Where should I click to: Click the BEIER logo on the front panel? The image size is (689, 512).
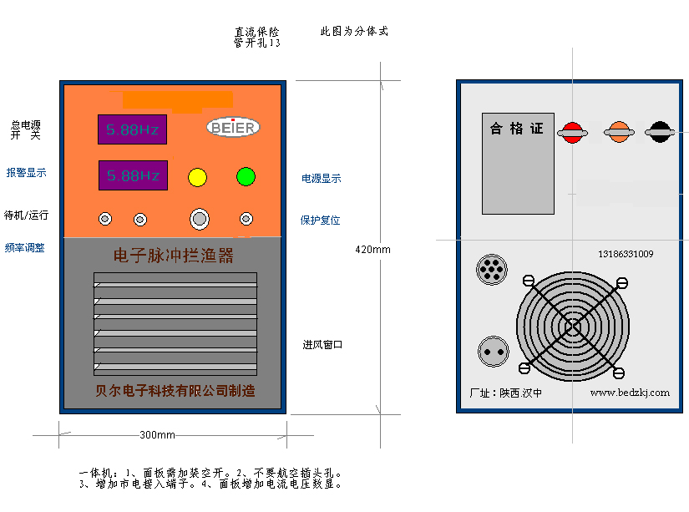tap(234, 127)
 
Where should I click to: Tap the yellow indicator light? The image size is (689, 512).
tap(198, 177)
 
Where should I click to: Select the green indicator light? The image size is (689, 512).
tap(246, 176)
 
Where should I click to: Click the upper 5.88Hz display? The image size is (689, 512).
tap(133, 130)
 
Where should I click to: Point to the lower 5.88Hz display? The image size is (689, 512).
tap(133, 175)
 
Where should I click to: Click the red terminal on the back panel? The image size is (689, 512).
tap(572, 131)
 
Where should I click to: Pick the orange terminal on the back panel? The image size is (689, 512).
tap(619, 131)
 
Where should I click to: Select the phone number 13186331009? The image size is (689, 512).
tap(626, 254)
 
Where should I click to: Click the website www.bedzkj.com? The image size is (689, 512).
tap(631, 393)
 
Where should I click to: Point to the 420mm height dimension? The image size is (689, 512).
tap(372, 250)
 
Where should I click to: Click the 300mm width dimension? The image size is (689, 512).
tap(157, 435)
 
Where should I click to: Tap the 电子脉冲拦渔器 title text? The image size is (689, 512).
tap(174, 256)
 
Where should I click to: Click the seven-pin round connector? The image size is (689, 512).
tap(491, 270)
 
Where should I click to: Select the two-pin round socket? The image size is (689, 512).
tap(493, 351)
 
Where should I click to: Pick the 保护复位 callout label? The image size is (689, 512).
tap(321, 221)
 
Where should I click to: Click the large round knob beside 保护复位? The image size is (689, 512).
tap(199, 219)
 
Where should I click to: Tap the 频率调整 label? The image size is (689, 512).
tap(25, 248)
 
